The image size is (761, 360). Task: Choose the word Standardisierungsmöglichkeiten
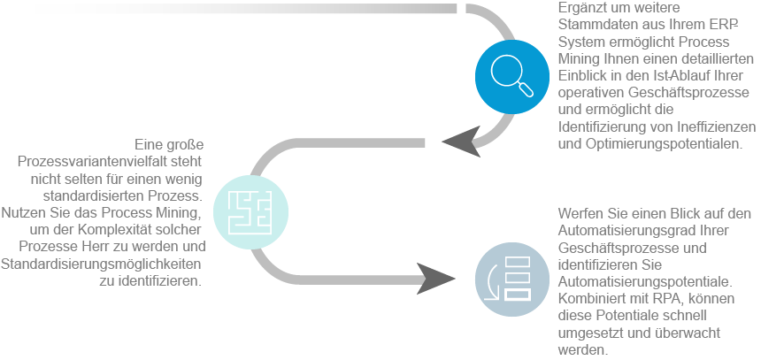click(104, 264)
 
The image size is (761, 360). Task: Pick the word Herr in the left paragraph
click(138, 247)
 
